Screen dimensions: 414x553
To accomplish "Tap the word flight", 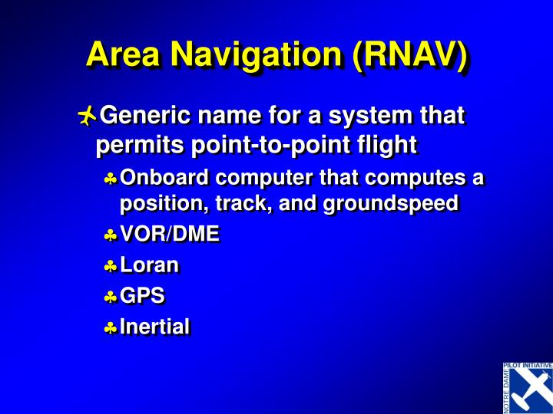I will [x=388, y=143].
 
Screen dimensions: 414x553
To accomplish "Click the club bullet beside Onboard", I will [x=111, y=180].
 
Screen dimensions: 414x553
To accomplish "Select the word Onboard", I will [x=165, y=179].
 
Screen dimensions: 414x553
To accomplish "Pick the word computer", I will [x=268, y=179].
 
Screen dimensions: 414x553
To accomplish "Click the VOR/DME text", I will [x=170, y=235].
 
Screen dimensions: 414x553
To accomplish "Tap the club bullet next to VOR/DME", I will [x=111, y=237].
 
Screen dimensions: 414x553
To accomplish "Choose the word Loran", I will [x=150, y=266].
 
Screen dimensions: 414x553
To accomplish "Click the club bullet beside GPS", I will [x=111, y=297].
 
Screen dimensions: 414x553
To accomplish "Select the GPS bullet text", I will [x=143, y=296].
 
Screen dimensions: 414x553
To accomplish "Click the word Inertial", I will [x=155, y=327].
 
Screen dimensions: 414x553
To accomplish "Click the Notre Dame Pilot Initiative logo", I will [x=528, y=387].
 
